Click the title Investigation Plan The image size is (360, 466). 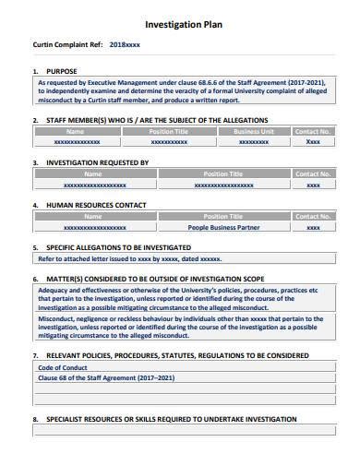click(180, 27)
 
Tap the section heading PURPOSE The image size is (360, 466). click(62, 70)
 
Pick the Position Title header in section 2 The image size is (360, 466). click(170, 132)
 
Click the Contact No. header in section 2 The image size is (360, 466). click(313, 132)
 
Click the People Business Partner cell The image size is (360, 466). click(222, 226)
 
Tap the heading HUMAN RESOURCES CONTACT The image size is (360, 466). click(103, 204)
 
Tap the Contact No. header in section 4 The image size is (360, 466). click(313, 215)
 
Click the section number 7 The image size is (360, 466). click(34, 354)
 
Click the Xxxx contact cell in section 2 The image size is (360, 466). click(313, 143)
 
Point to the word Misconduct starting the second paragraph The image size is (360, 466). click(58, 317)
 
